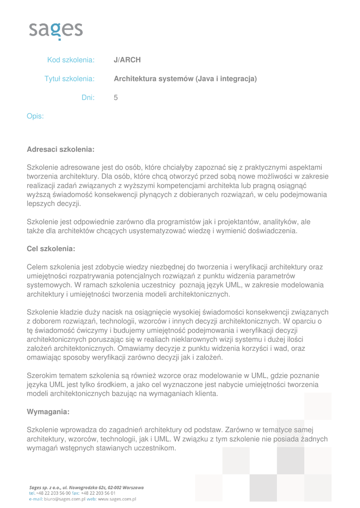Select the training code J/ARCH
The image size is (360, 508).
(x=127, y=60)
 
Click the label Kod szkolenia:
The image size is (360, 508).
(x=71, y=60)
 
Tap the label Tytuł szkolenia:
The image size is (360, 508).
(x=70, y=79)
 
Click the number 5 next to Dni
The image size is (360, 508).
(x=116, y=98)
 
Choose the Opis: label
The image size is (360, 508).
(x=35, y=117)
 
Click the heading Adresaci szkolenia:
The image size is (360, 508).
(x=61, y=149)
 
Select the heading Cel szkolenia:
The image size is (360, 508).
(x=51, y=249)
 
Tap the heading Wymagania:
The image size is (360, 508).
(x=48, y=412)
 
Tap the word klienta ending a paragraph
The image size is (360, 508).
(x=206, y=393)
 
